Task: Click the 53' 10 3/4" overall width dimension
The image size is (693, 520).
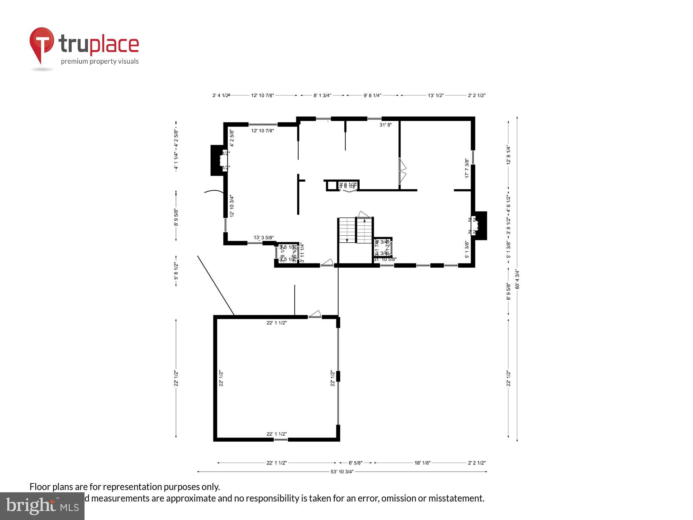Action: click(x=342, y=471)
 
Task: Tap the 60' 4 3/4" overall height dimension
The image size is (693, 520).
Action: click(x=517, y=279)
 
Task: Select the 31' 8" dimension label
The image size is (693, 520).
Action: click(x=385, y=125)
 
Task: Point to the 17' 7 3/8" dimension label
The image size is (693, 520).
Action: click(x=467, y=168)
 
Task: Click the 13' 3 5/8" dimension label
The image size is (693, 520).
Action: click(x=264, y=237)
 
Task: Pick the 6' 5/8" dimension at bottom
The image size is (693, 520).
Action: click(x=355, y=463)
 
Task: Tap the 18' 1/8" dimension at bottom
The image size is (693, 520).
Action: click(x=422, y=463)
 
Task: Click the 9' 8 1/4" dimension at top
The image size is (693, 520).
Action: click(x=372, y=95)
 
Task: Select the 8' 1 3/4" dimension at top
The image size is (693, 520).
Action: click(x=322, y=95)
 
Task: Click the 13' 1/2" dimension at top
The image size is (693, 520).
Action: click(x=436, y=95)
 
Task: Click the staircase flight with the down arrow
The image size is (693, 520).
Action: click(x=347, y=230)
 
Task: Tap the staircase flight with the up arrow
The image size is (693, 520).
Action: click(x=364, y=230)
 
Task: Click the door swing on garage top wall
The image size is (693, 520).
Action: click(x=315, y=314)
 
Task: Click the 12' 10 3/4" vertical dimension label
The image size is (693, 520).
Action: click(x=232, y=206)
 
